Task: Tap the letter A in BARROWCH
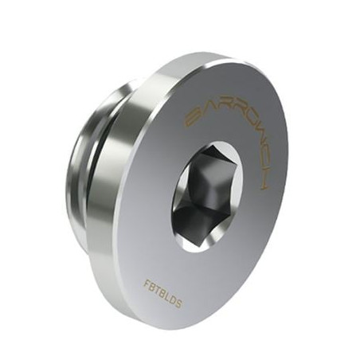coord(200,112)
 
